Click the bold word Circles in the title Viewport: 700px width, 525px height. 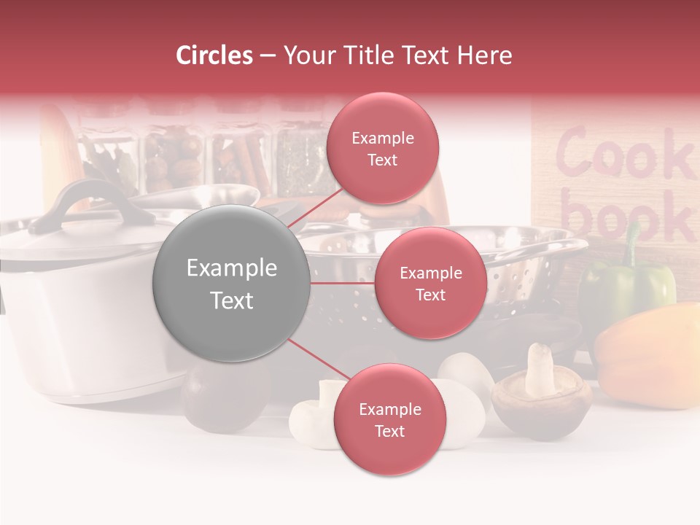pos(214,55)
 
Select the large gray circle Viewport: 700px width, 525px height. pos(232,284)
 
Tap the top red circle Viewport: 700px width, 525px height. pos(382,149)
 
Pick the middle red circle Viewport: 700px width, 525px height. pos(430,284)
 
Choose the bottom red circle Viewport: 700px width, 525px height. pos(389,420)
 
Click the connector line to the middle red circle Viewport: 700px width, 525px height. pos(343,282)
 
